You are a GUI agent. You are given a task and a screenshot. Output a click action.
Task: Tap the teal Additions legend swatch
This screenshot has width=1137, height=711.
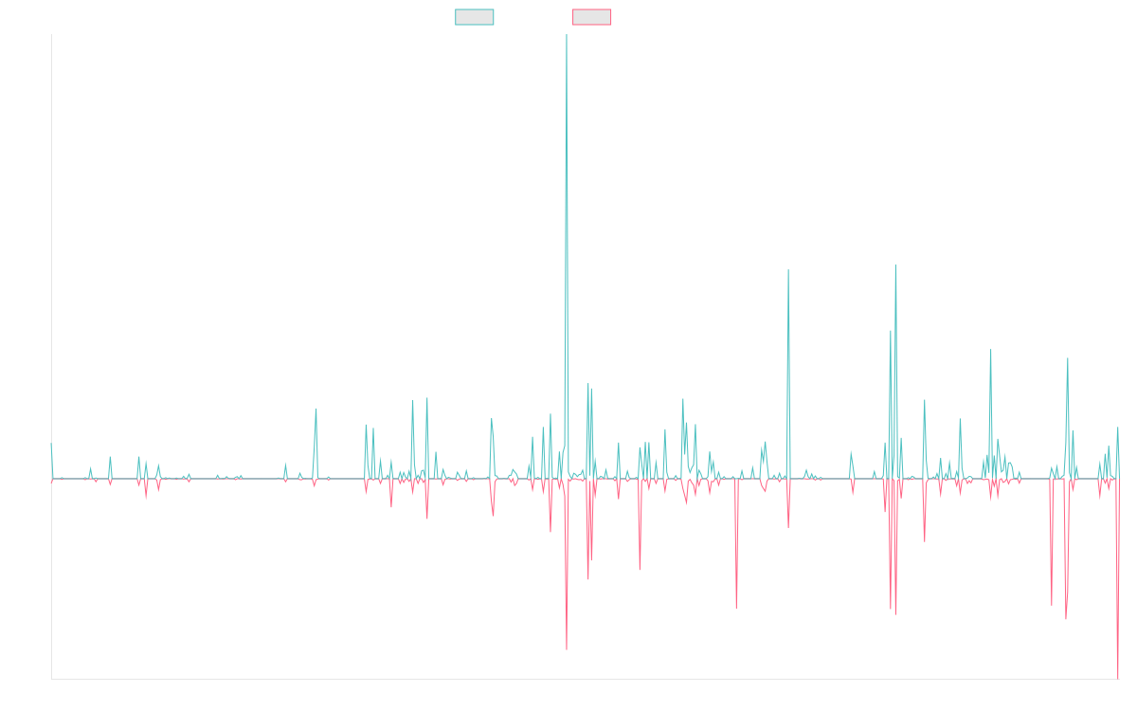coord(475,17)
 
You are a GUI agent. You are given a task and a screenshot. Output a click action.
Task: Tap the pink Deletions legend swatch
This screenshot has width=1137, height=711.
coord(591,17)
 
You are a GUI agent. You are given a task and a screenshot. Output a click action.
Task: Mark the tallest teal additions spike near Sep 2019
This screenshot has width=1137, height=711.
coord(567,38)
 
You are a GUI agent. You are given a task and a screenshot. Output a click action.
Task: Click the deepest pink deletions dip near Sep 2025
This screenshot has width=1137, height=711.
coord(1118,678)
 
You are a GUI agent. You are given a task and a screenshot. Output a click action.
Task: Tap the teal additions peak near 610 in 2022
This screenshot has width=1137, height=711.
coord(788,270)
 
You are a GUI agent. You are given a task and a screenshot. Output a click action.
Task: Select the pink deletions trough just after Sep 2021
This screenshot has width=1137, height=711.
coord(736,608)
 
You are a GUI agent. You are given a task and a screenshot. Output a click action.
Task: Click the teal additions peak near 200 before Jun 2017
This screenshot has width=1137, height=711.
coord(316,410)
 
